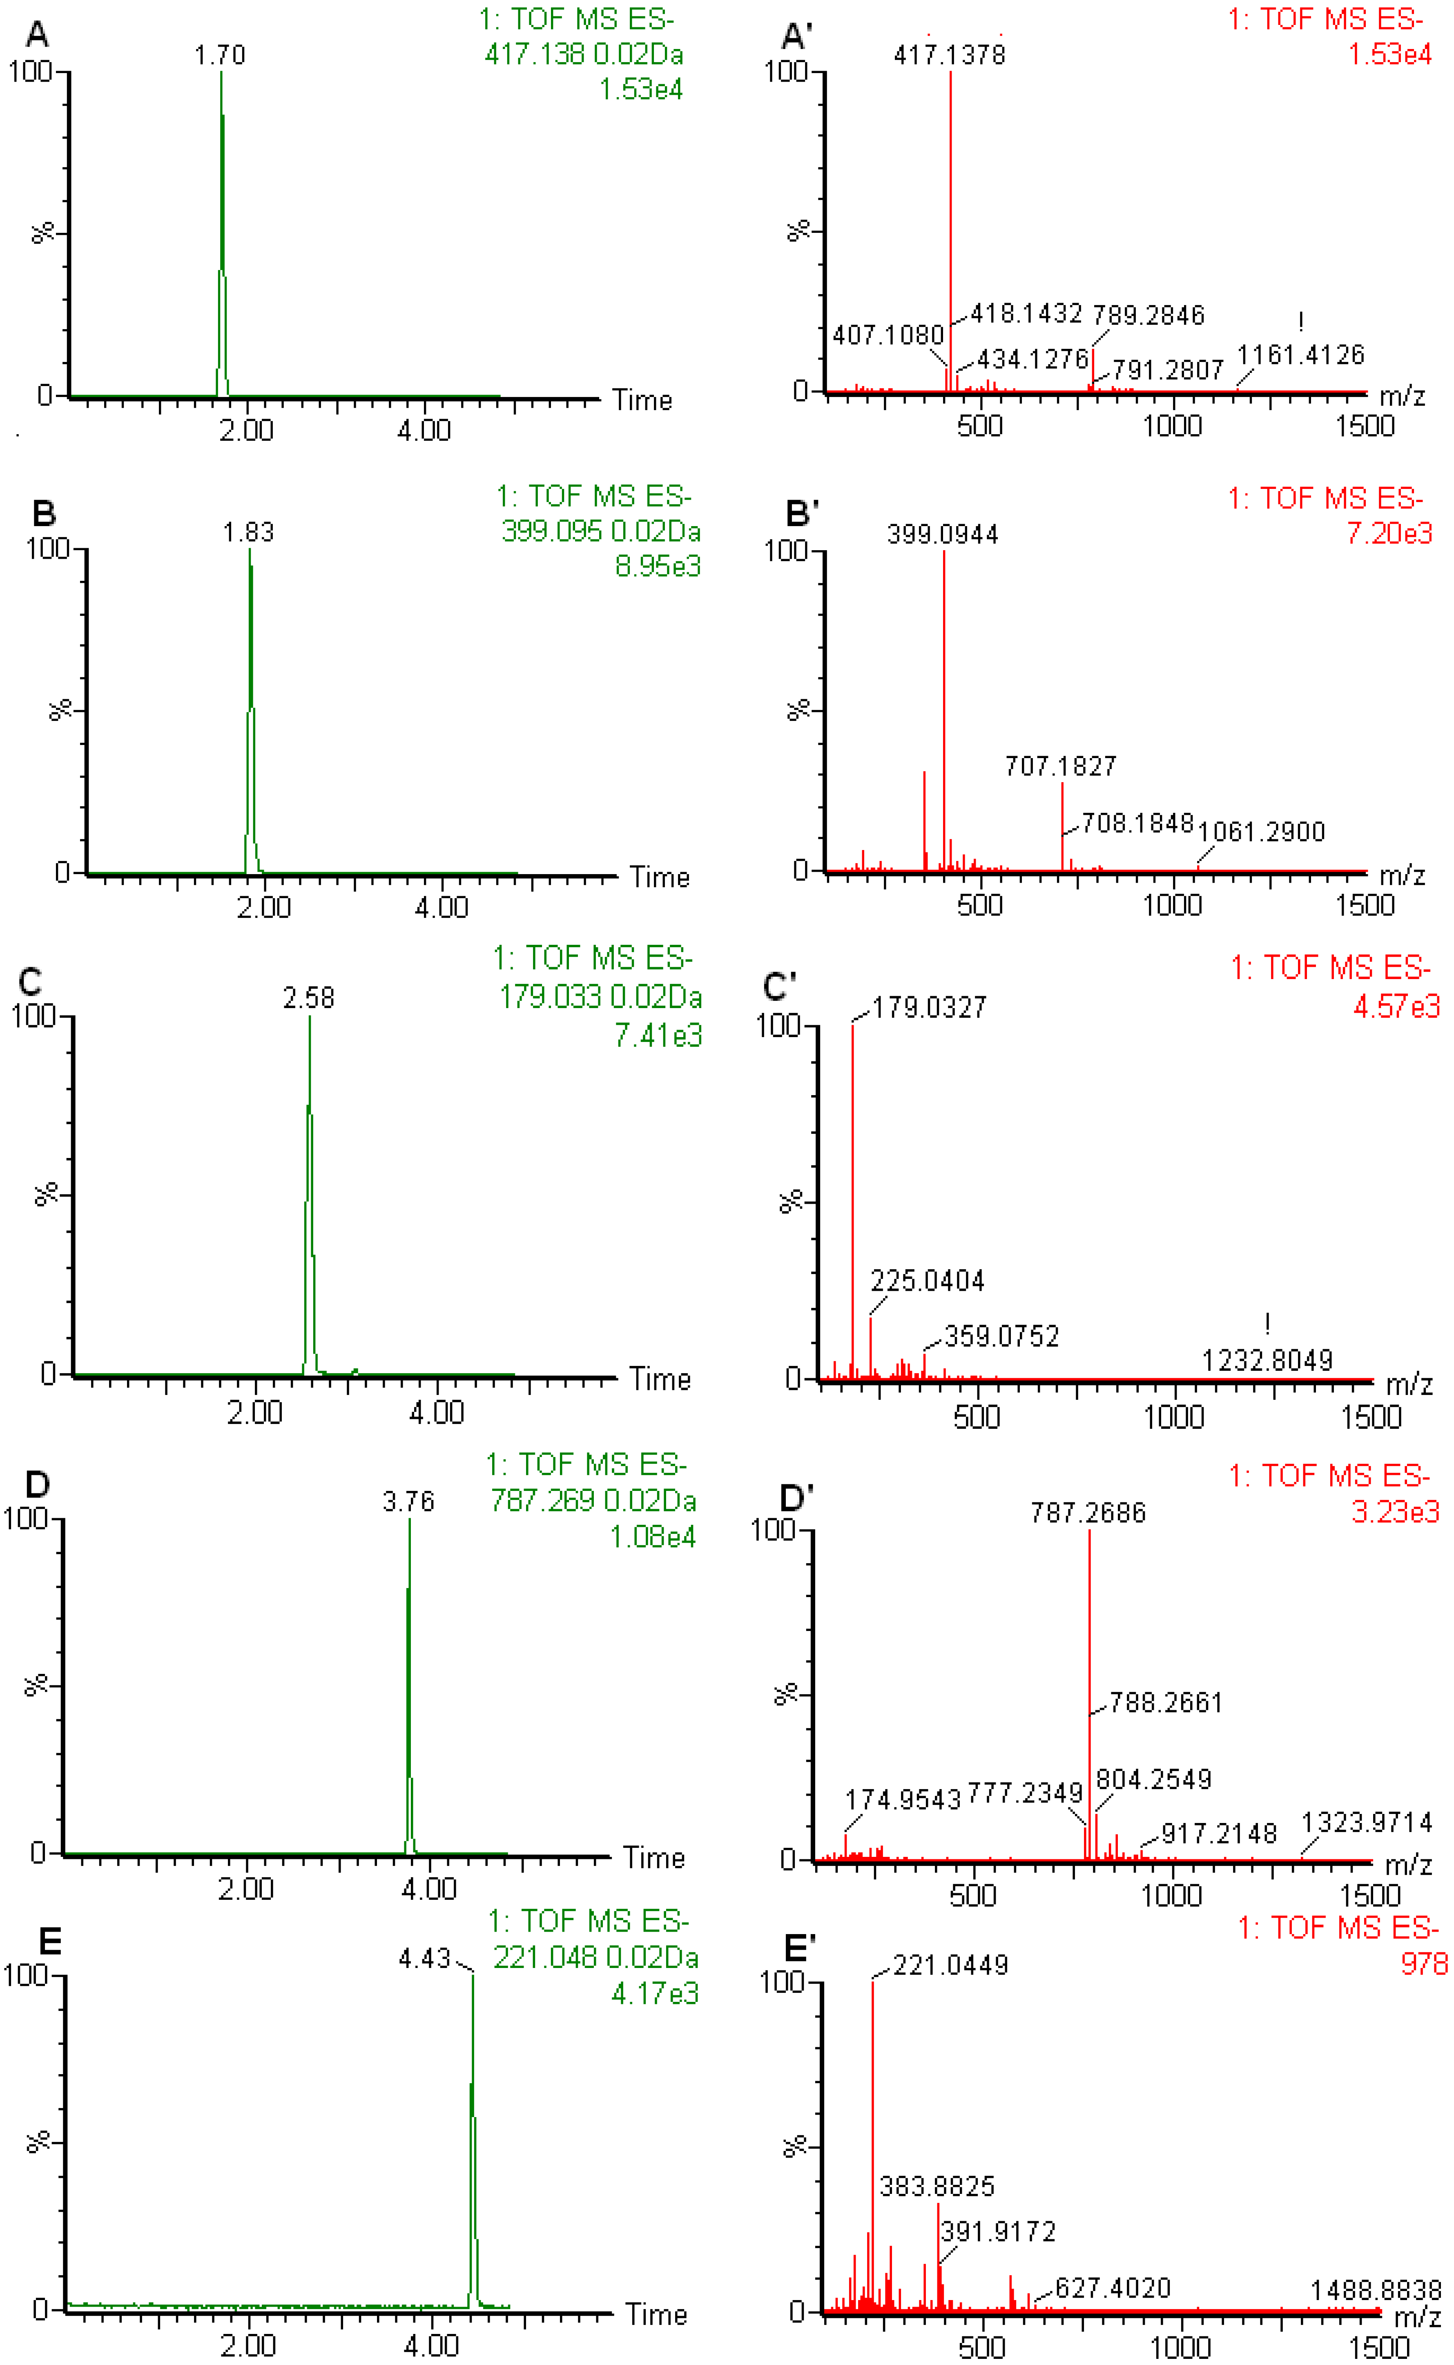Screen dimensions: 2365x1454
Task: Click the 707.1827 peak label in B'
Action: pos(1061,767)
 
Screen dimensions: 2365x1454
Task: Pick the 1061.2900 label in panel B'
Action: pos(1262,832)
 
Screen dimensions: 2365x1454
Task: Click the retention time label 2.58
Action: pos(309,998)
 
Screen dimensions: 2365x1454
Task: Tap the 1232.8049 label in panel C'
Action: pos(1267,1361)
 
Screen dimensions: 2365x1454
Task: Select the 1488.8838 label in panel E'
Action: pos(1376,2290)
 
